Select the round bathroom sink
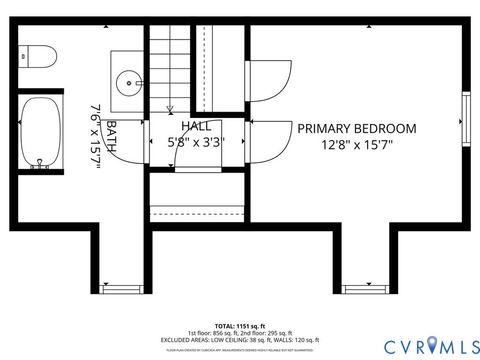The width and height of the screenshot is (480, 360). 129,81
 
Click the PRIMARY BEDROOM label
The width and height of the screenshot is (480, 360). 357,128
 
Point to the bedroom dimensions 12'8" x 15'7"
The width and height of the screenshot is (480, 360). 357,144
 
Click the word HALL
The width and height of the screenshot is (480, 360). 197,126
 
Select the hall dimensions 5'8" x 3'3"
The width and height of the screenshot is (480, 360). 197,142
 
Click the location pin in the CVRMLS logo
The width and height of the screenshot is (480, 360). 432,346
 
